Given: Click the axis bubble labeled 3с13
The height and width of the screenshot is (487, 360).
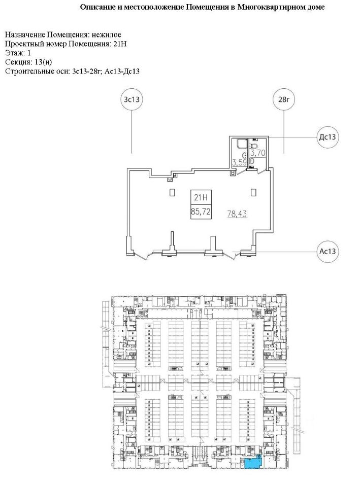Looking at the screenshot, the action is (x=132, y=99).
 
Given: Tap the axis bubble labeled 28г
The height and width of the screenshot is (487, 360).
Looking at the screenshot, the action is (x=284, y=99).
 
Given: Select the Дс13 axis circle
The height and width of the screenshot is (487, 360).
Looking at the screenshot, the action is (x=328, y=137).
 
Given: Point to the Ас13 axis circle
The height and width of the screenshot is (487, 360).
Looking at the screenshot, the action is (x=328, y=251).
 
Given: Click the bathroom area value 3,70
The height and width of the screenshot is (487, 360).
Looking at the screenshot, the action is (x=259, y=152).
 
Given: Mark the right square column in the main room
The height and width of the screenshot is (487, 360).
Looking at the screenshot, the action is (x=254, y=192).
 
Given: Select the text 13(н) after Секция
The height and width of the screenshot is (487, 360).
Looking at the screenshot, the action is (x=42, y=62).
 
